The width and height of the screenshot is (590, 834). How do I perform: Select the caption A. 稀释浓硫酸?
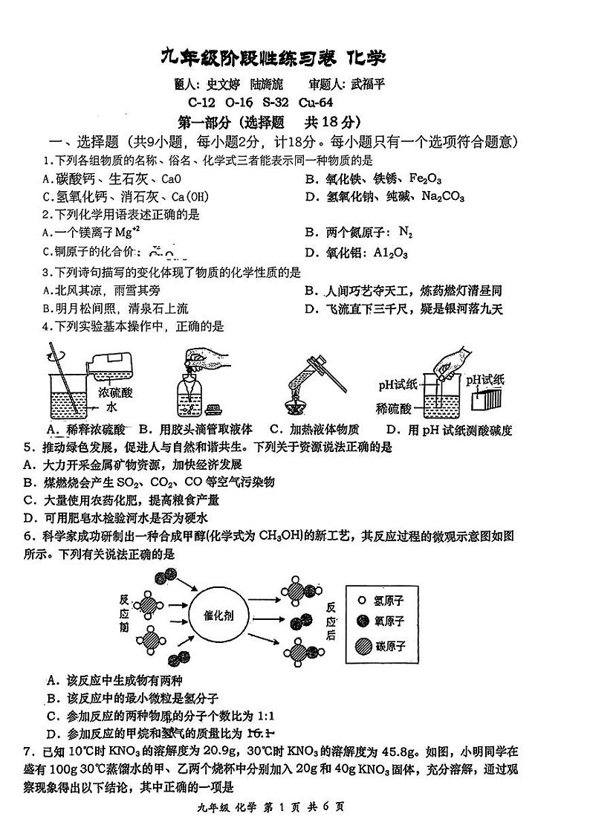(x=86, y=429)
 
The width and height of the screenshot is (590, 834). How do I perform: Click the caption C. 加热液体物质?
(x=314, y=429)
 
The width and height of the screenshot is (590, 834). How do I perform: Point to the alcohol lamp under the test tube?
(x=298, y=405)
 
